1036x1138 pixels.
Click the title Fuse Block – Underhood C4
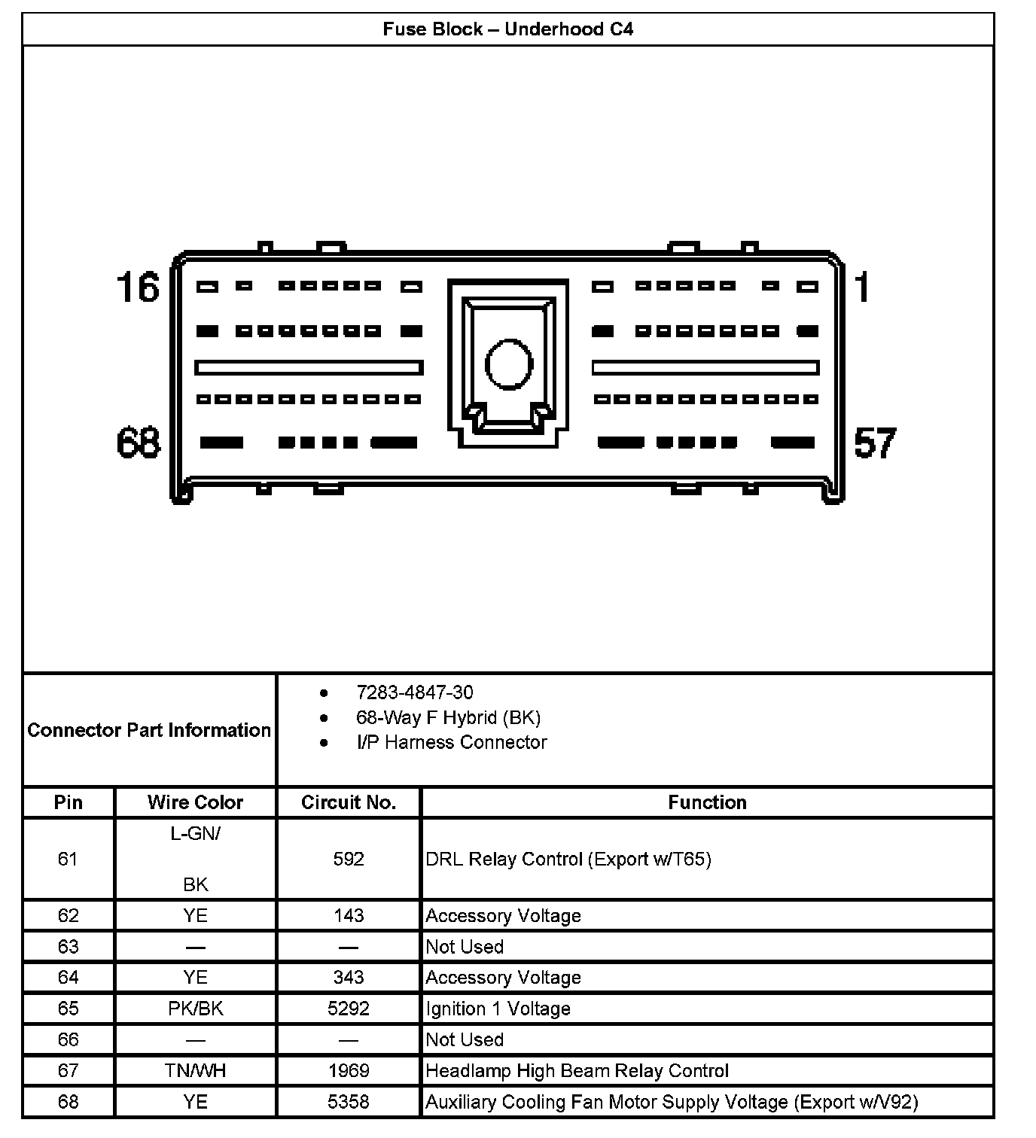(x=507, y=29)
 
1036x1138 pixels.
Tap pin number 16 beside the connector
(x=139, y=288)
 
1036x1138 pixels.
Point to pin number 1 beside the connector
(x=862, y=288)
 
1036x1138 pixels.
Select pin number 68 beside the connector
(x=139, y=443)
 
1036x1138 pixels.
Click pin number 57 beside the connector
(x=875, y=443)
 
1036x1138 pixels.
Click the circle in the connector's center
(x=509, y=364)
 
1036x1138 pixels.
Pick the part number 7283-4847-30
(x=415, y=692)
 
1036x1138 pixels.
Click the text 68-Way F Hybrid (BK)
(x=448, y=717)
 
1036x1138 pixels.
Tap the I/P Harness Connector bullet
(x=452, y=742)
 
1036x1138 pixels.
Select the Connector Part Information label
(x=149, y=730)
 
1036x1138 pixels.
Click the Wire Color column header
(x=195, y=802)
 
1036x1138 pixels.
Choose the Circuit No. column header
(x=349, y=802)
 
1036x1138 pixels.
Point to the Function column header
(x=707, y=802)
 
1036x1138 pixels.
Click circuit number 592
(x=349, y=859)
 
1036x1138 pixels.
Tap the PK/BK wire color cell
(x=195, y=1009)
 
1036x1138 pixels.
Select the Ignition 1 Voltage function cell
(x=498, y=1009)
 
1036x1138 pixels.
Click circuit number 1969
(x=349, y=1070)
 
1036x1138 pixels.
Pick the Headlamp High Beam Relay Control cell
(x=577, y=1070)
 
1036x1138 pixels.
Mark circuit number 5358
(x=349, y=1102)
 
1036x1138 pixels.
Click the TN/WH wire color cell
(x=195, y=1070)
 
